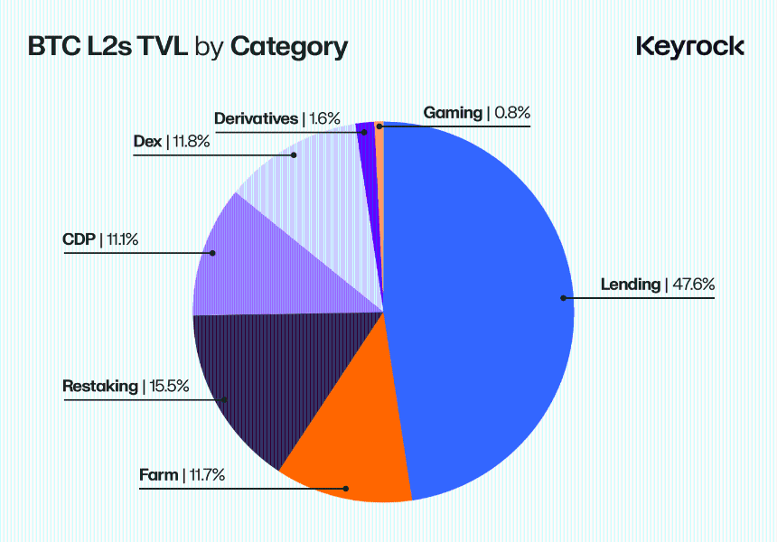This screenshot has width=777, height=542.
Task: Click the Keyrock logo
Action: (690, 46)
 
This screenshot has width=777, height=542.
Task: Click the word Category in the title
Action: (289, 47)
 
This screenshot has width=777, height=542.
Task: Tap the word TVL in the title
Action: (160, 47)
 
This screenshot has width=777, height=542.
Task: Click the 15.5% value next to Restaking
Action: (169, 387)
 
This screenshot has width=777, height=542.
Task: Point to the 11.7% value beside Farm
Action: (206, 474)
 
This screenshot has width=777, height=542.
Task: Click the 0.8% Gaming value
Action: (511, 113)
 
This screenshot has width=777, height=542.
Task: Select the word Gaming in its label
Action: (453, 113)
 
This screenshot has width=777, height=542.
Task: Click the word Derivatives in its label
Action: (256, 118)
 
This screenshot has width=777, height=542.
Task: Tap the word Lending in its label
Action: (631, 285)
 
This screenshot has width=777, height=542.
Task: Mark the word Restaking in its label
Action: (99, 387)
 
